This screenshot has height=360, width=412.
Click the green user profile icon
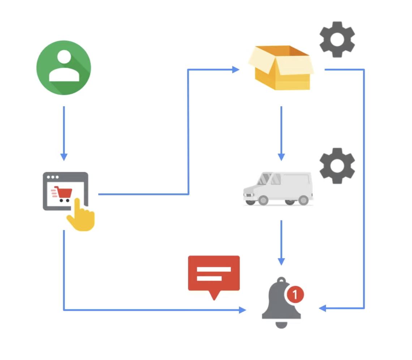[64, 68]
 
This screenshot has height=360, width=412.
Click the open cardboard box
[281, 68]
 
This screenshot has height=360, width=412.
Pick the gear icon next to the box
[337, 39]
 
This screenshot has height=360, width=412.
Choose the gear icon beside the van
[337, 166]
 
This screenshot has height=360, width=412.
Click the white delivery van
[278, 189]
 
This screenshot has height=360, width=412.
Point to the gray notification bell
[281, 304]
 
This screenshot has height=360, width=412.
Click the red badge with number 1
[295, 295]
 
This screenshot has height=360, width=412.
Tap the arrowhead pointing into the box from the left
[236, 69]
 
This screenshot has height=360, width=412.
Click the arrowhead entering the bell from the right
[322, 309]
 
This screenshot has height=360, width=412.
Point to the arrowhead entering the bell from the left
[242, 310]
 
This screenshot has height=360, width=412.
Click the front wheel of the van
[263, 200]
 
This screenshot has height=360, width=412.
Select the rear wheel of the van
[303, 200]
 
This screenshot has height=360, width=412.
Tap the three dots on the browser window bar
[53, 177]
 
